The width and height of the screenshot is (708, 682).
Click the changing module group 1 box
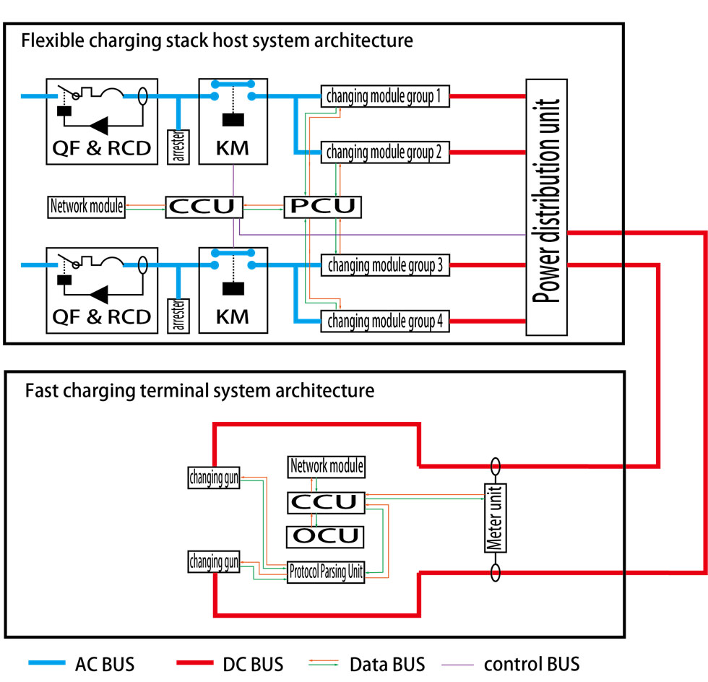[385, 95]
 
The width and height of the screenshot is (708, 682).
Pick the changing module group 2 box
[385, 152]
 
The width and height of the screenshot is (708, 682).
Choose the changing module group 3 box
[385, 265]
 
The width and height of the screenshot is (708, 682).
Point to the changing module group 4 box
[385, 321]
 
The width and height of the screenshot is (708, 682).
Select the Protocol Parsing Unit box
[327, 571]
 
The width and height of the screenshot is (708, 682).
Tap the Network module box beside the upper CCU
[87, 207]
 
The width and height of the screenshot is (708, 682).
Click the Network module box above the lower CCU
[326, 467]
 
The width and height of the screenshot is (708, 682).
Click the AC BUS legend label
[104, 663]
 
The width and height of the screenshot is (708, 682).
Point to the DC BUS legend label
[253, 663]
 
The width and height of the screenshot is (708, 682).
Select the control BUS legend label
[531, 663]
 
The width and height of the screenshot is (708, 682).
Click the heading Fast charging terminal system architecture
[199, 392]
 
